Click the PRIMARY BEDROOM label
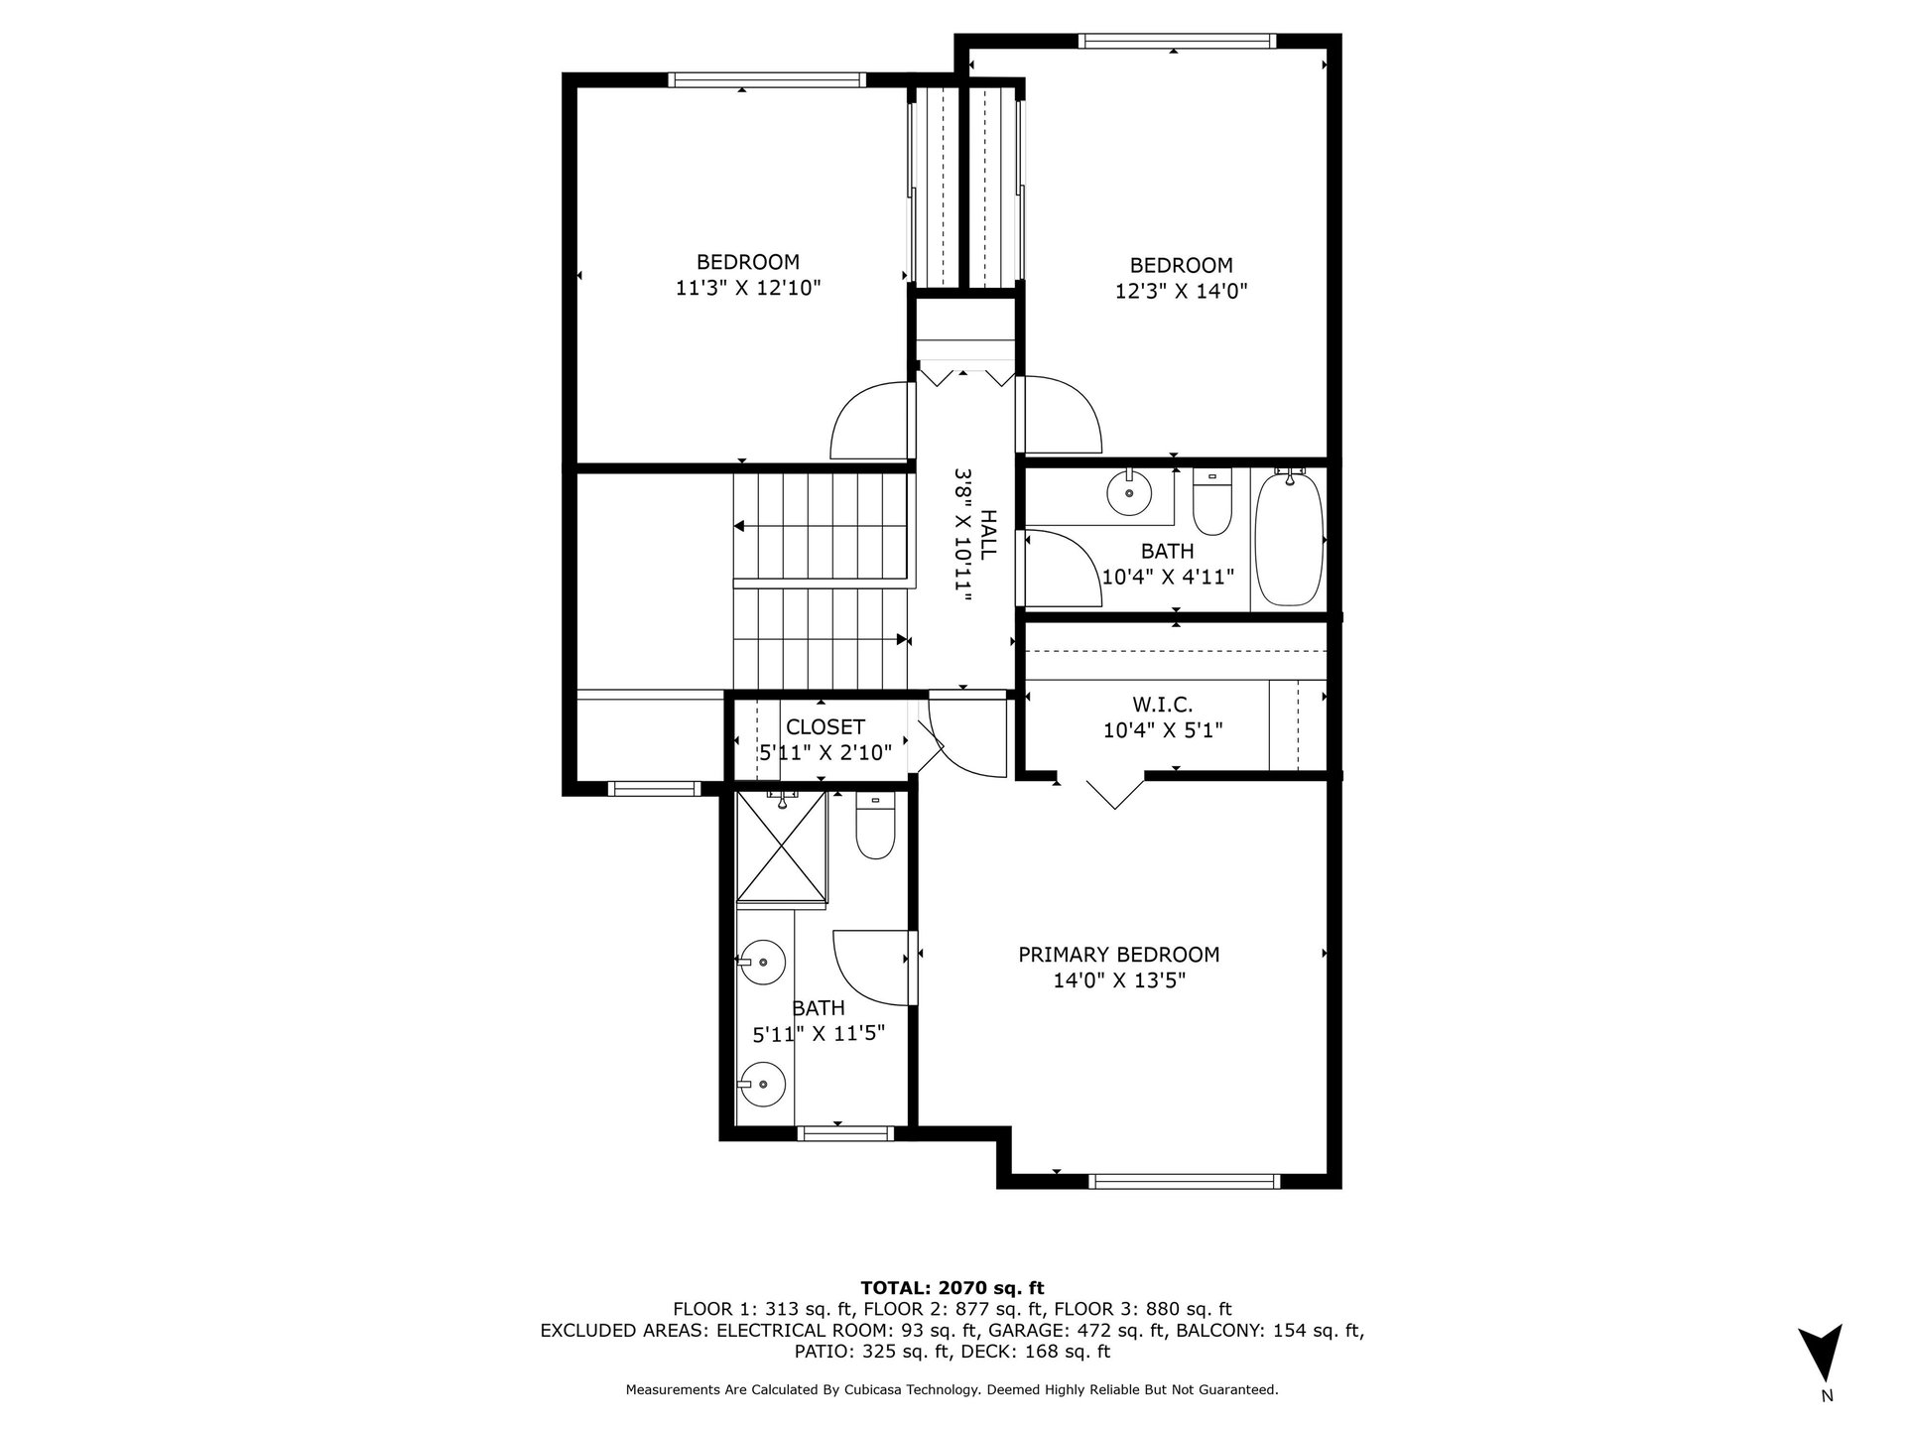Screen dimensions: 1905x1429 coord(1119,955)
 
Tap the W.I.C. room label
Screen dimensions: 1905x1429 coord(1162,705)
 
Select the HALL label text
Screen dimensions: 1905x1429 coord(989,535)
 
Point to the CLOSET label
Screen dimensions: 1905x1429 coord(825,727)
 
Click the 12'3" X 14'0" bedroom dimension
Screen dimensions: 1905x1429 coord(1182,291)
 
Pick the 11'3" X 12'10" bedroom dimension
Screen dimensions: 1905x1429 coord(748,288)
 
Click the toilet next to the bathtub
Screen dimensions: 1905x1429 coord(1211,502)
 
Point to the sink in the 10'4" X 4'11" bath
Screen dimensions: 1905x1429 coord(1129,491)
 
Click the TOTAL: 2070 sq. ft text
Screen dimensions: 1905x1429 coord(952,1288)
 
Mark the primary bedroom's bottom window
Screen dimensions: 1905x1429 coord(1184,1181)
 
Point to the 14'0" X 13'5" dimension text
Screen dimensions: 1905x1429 coord(1120,980)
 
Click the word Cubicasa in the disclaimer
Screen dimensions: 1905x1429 coord(942,1390)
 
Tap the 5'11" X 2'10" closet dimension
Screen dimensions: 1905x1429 coord(825,753)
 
